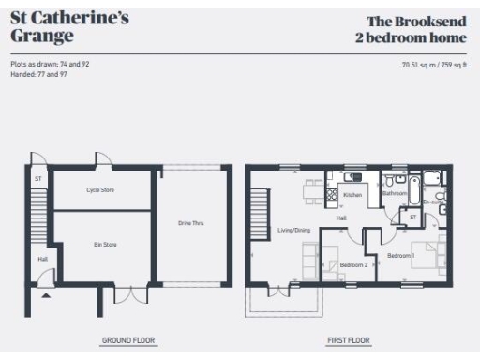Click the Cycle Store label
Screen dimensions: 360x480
[x=100, y=189]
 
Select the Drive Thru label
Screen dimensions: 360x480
[x=191, y=223]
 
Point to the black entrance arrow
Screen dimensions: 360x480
[x=44, y=295]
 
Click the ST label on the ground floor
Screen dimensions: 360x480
[x=38, y=177]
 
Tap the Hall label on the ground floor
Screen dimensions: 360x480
[x=42, y=259]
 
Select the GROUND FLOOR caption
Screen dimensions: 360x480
[x=128, y=340]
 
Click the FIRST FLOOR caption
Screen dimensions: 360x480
[x=349, y=340]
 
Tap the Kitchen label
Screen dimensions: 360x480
[x=352, y=195]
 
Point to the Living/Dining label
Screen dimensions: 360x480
[x=292, y=230]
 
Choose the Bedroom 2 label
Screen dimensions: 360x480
[x=352, y=264]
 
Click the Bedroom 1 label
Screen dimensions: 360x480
[x=401, y=255]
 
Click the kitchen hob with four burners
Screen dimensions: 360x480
[x=332, y=194]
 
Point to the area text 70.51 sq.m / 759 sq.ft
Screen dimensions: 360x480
[x=434, y=65]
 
